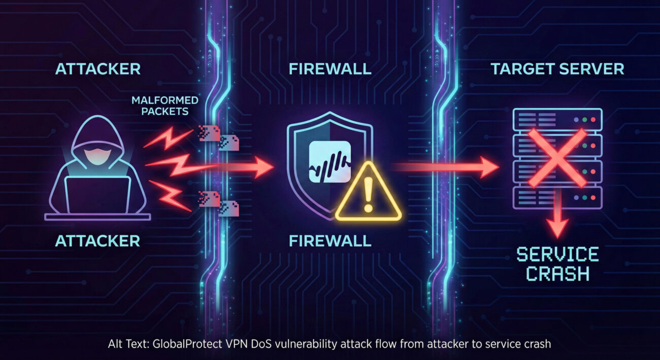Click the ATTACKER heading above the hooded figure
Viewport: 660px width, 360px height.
coord(97,69)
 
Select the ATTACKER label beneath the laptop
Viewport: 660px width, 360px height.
coord(97,241)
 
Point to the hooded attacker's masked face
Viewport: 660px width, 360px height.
coord(97,154)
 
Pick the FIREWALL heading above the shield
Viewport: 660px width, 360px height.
coord(330,69)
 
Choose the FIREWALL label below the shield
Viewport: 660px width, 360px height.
coord(330,241)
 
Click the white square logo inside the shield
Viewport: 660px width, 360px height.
coord(329,161)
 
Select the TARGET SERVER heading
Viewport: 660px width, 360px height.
coord(557,69)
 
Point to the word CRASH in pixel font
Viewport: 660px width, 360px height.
coord(557,274)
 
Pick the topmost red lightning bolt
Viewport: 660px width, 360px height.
coord(168,138)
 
